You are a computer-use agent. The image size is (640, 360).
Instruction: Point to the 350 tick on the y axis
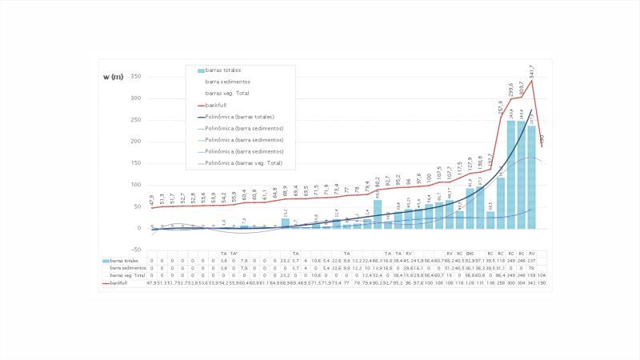coord(135,77)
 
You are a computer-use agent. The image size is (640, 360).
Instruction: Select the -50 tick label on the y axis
coord(135,250)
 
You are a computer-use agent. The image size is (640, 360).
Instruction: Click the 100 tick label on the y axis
coord(135,185)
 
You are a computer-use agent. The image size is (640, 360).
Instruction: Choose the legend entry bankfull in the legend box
coord(217,104)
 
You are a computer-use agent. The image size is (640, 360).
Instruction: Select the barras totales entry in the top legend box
coord(223,70)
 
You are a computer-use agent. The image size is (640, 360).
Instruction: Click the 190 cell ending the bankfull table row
coord(542,282)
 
